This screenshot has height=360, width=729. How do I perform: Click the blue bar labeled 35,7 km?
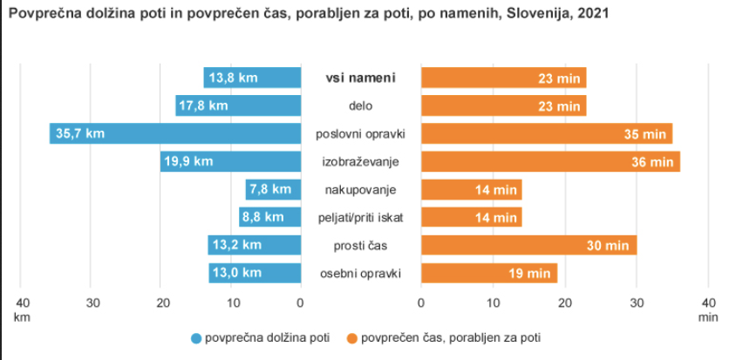(x=174, y=133)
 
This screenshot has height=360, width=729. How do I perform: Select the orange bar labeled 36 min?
(x=550, y=161)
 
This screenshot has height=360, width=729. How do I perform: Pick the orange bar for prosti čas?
(x=528, y=245)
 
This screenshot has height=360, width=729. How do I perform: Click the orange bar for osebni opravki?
(x=488, y=273)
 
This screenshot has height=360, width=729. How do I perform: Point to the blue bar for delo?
(x=238, y=105)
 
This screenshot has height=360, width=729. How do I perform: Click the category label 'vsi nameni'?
(x=360, y=78)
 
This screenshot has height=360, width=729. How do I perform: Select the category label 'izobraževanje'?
(x=360, y=161)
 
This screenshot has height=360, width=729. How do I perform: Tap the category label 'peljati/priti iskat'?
(x=360, y=217)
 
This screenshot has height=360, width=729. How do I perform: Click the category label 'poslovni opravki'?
(x=360, y=133)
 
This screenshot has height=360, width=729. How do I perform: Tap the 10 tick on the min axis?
(x=493, y=302)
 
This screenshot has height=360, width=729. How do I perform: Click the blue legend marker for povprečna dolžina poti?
(x=196, y=337)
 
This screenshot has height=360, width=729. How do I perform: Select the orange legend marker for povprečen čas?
(x=352, y=337)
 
